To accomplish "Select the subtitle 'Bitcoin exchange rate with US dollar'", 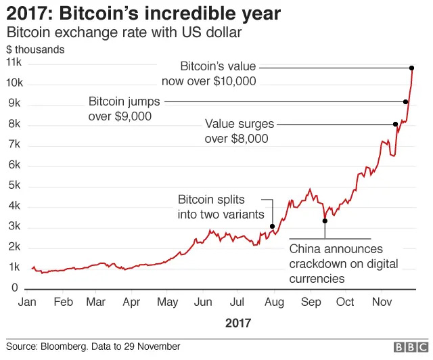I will coord(124,32).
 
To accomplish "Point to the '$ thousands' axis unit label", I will coord(35,49).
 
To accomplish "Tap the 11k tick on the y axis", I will coord(14,62).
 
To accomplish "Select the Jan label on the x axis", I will coord(28,302).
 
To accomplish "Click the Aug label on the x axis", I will coord(274,302).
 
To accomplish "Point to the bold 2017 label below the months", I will coord(237,323).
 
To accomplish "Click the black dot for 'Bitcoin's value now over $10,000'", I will coord(411,68).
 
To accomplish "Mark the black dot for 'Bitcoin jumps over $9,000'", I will coord(405,102).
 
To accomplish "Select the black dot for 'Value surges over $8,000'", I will coord(395,124).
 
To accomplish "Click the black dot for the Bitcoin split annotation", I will coord(272,226).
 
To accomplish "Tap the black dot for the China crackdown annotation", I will coord(325,221).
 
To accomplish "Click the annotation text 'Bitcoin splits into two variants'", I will coord(221,207).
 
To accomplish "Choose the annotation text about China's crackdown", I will coord(344,264).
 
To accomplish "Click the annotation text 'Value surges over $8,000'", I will coord(240,131).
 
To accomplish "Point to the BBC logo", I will coord(409,347).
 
